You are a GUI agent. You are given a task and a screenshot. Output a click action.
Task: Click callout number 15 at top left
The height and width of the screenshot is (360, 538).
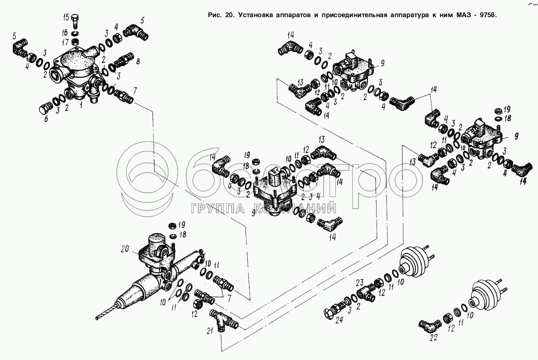[66, 17]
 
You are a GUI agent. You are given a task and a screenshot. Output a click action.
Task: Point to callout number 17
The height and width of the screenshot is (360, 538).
[65, 42]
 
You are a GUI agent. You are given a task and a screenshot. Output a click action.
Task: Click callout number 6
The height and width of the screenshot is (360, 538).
[46, 120]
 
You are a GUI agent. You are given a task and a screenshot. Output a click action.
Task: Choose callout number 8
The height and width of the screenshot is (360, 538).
[138, 61]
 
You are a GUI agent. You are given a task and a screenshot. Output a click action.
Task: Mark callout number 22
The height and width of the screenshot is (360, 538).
[434, 337]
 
